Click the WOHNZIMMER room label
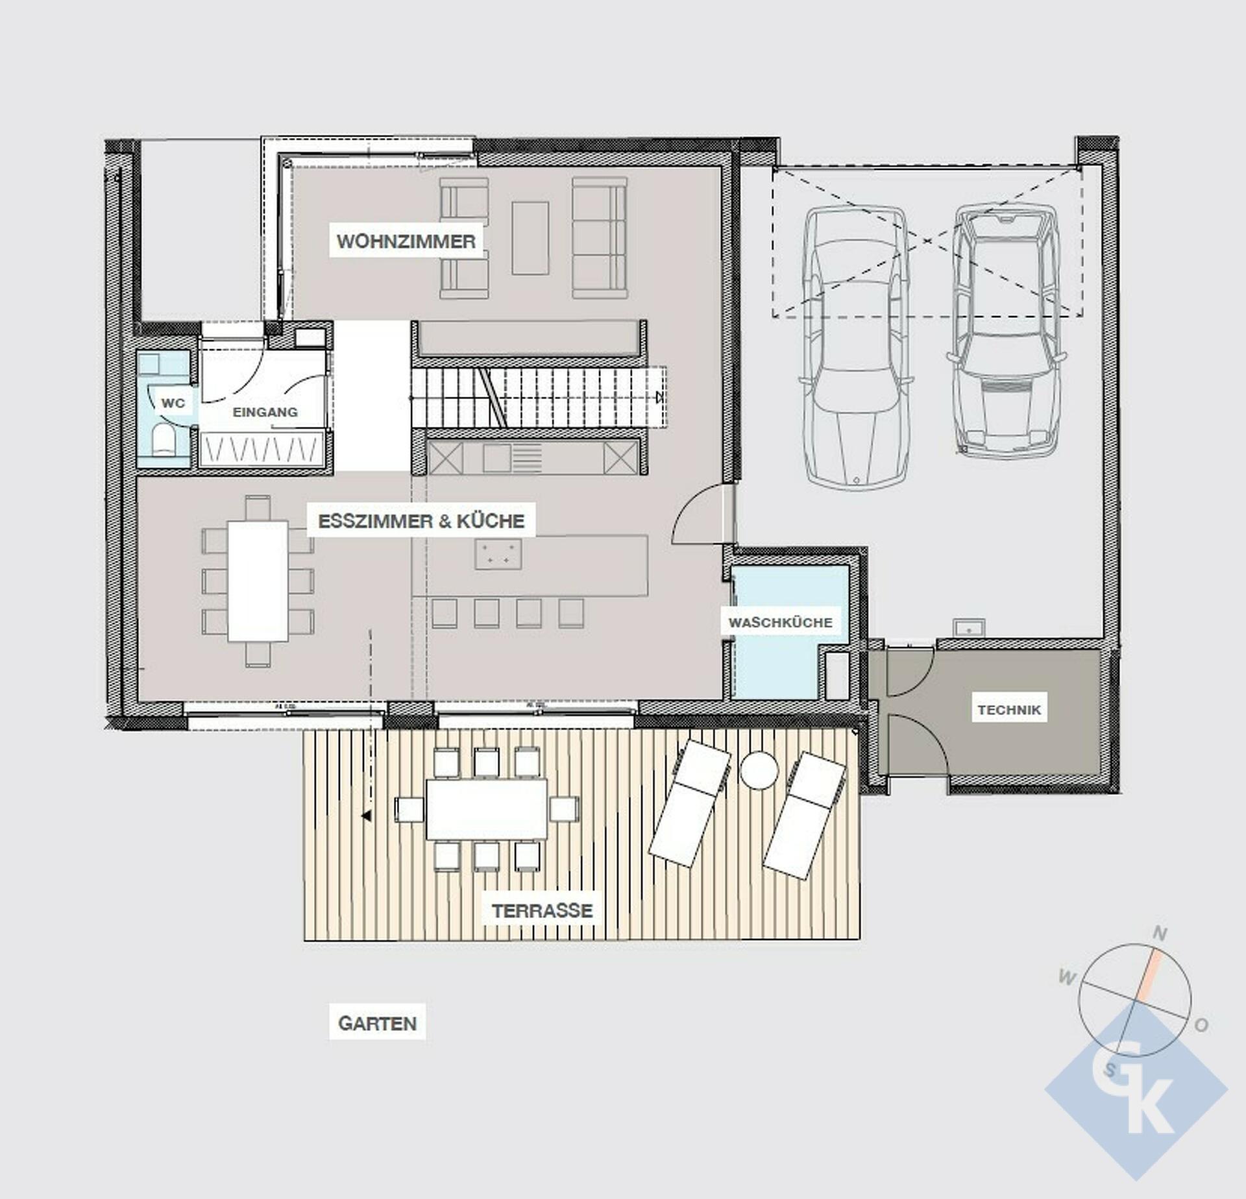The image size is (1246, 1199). coord(406,241)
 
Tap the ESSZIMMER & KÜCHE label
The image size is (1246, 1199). coord(421,521)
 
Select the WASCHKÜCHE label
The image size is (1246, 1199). coord(780,623)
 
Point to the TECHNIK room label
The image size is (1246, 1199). coord(1009,710)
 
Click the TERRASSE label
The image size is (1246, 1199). coord(543,911)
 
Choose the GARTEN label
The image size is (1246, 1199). coord(377,1024)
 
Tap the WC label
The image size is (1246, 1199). coord(173,403)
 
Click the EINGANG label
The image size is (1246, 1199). coord(265,412)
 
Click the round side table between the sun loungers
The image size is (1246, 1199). coord(759,770)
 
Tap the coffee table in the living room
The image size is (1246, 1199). coord(530,237)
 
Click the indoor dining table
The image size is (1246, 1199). coord(258,581)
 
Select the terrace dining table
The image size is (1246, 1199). coord(486,809)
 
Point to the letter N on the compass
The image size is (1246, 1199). coord(1160,934)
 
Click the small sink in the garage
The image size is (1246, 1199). coord(969,627)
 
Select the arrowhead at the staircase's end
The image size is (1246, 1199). coord(660,397)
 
